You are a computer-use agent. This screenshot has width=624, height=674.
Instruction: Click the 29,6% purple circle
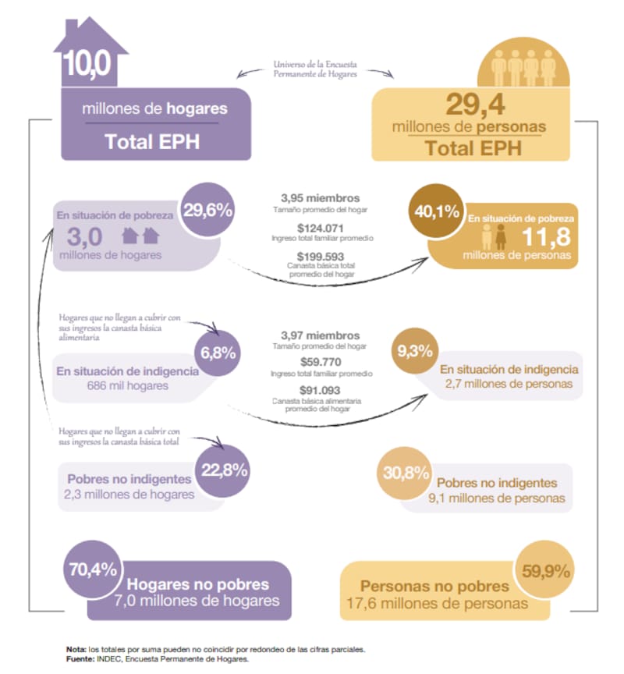tap(207, 209)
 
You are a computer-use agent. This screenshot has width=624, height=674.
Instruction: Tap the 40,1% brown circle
tap(437, 211)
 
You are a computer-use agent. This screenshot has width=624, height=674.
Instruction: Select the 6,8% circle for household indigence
tap(218, 353)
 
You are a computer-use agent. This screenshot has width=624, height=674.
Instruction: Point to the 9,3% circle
tap(415, 351)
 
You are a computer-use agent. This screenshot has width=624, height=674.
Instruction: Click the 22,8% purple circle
tap(224, 470)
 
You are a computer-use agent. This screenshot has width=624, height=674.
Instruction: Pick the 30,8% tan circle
tap(406, 473)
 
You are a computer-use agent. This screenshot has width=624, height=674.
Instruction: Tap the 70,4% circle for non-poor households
tap(92, 569)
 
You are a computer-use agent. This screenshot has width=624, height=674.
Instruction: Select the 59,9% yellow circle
tap(545, 571)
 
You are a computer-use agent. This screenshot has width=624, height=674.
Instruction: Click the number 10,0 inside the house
tap(87, 64)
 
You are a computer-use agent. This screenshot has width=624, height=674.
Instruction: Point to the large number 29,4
tap(475, 105)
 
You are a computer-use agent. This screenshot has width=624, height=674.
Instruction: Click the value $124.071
tap(320, 229)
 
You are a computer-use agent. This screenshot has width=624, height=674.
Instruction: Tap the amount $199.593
tap(321, 257)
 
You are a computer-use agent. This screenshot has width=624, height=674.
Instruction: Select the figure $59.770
tap(321, 362)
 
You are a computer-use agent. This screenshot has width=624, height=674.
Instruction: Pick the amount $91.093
tap(320, 390)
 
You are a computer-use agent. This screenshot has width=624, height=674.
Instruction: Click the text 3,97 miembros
tap(320, 335)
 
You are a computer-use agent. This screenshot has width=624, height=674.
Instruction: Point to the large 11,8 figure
tap(546, 237)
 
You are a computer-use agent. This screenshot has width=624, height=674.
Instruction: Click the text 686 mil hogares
tap(128, 385)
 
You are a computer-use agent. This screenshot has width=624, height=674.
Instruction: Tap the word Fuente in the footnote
tap(80, 658)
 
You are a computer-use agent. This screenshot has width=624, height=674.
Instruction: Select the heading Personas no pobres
tap(434, 587)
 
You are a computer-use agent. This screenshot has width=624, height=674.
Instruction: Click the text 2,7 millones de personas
tap(509, 384)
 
